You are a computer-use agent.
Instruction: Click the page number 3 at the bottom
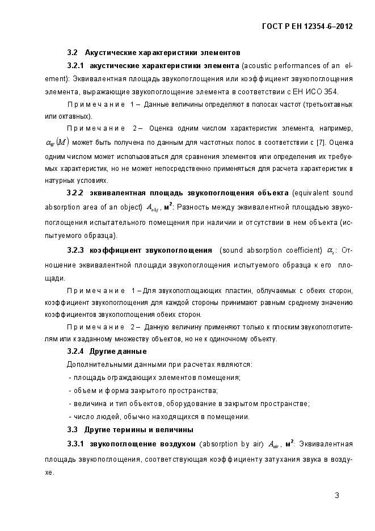[336, 495]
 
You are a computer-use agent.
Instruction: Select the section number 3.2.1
[75, 66]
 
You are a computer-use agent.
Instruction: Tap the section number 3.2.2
[75, 193]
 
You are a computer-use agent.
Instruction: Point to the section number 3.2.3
[75, 250]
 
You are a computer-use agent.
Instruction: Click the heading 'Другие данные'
[114, 351]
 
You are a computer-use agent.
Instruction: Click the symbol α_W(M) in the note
[57, 142]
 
